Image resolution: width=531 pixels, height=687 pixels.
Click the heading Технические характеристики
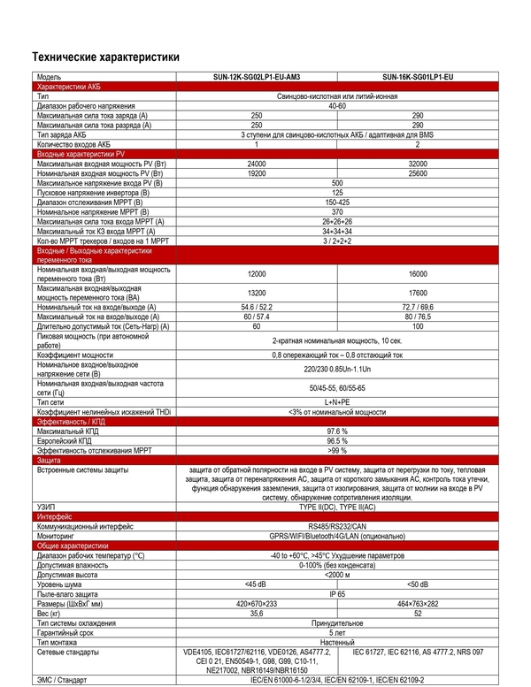click(x=105, y=57)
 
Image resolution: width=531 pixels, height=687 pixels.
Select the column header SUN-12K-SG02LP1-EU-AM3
click(x=257, y=78)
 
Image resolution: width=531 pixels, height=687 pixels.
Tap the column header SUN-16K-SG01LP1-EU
click(x=417, y=78)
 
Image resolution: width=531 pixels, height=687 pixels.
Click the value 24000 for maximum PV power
click(x=257, y=164)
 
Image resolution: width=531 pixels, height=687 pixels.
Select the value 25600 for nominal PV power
click(x=417, y=173)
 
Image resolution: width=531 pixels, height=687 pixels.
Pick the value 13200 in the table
click(x=257, y=293)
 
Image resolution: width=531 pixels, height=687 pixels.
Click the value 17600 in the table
click(x=417, y=293)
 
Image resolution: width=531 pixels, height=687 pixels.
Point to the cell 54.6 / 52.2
click(x=257, y=307)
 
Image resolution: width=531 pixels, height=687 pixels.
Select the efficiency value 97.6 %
click(x=337, y=431)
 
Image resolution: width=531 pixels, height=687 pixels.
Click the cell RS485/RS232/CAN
click(x=337, y=524)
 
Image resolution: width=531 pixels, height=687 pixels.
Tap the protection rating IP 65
click(x=337, y=594)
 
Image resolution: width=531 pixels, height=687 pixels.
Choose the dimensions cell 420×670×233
click(x=257, y=603)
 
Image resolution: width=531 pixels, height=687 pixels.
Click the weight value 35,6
click(x=257, y=613)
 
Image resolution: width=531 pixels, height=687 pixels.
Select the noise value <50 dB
click(x=417, y=584)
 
